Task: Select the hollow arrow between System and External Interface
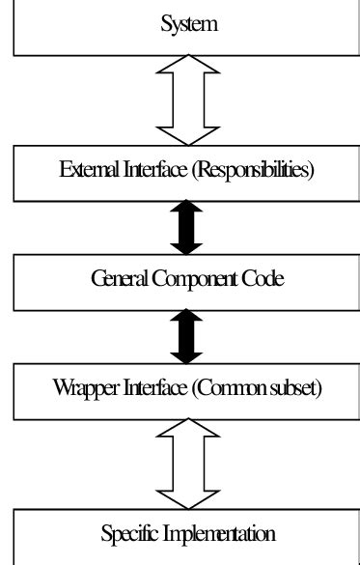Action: pos(190,97)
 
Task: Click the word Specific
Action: pos(129,532)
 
